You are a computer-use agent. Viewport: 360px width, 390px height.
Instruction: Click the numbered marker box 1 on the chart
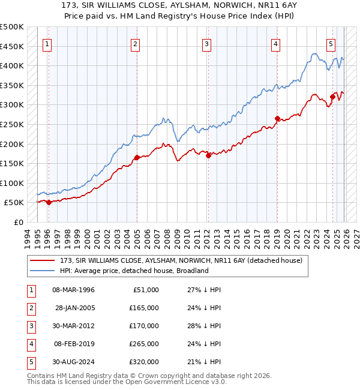(x=47, y=44)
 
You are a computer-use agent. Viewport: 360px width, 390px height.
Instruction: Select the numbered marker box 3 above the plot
(x=206, y=44)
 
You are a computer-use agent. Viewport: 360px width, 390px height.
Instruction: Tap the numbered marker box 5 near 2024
(x=331, y=44)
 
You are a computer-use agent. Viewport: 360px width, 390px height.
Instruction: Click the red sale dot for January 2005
(x=137, y=158)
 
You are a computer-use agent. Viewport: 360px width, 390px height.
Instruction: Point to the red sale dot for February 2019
(x=277, y=119)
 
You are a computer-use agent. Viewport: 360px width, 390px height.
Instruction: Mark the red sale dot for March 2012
(x=208, y=155)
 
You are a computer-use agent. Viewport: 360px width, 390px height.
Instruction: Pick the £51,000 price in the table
(x=145, y=290)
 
